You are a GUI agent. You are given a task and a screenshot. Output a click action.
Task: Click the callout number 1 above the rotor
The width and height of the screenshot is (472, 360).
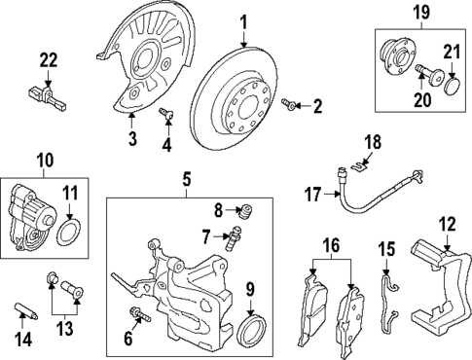click(x=244, y=20)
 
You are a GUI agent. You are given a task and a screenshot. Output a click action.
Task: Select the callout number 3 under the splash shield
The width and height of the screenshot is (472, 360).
click(x=133, y=139)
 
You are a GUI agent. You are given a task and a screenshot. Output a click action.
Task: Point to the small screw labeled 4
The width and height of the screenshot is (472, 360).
click(x=167, y=115)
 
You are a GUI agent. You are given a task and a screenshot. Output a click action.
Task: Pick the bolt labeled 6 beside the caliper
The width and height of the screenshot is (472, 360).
click(x=140, y=314)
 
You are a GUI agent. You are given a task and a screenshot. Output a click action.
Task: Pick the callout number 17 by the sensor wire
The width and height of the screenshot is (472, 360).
click(x=310, y=195)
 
